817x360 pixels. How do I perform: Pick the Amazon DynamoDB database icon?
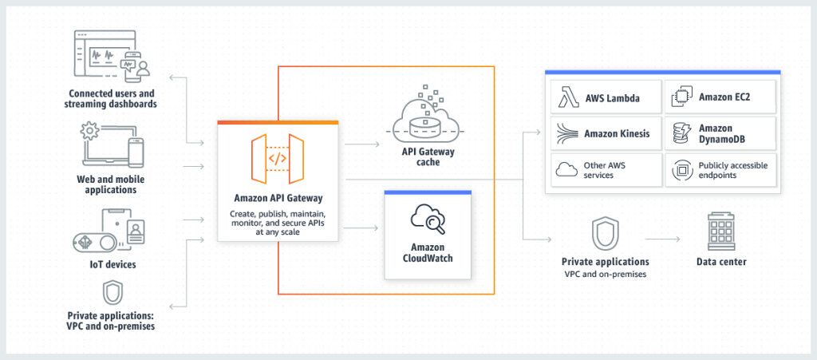(x=681, y=133)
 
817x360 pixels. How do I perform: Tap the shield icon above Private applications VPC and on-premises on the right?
(x=603, y=233)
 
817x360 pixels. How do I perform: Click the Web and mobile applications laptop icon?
(x=112, y=144)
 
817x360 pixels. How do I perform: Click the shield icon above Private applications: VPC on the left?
(x=112, y=292)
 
